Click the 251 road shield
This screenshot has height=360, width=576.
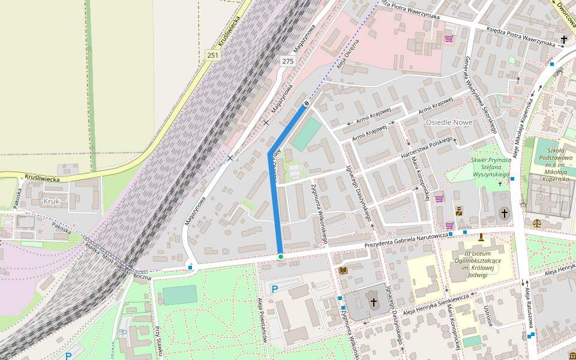coord(212,55)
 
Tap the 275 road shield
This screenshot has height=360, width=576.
coord(287,61)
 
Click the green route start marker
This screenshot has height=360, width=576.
coord(280,257)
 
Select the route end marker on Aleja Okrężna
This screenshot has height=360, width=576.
coord(307,104)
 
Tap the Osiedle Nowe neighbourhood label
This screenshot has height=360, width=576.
coord(449,122)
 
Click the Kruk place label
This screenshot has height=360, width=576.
coord(52,202)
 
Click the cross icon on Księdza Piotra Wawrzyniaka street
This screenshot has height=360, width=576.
coord(563,40)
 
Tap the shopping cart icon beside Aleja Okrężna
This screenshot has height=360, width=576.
coord(449,38)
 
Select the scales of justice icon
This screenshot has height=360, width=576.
coord(536,223)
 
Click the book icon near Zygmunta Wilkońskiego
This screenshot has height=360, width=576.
coord(344,271)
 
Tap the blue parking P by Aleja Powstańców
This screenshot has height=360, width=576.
coord(275,289)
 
